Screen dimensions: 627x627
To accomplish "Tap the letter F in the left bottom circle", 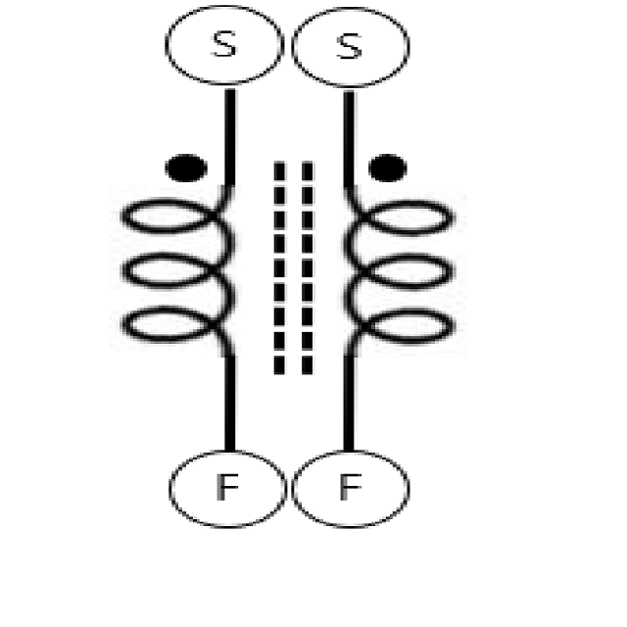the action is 226,487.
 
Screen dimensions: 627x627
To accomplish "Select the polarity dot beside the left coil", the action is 186,169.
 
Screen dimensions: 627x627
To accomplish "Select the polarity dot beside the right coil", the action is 387,169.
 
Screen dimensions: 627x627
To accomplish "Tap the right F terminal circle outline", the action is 408,487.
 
